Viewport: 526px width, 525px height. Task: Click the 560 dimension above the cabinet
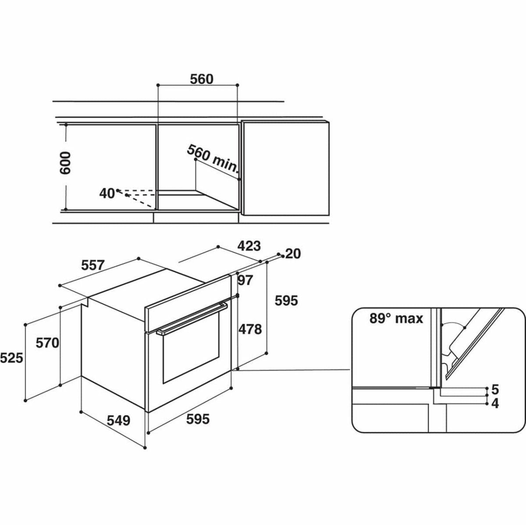tap(202, 79)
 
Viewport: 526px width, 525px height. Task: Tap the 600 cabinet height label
tap(65, 163)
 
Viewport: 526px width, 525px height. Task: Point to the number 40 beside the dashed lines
tap(107, 194)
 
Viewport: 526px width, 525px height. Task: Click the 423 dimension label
tap(249, 246)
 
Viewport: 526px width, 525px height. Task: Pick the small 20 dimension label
tap(293, 254)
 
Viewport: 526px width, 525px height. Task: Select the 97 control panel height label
tap(245, 280)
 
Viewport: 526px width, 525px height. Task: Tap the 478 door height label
tap(250, 329)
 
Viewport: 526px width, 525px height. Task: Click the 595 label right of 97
tap(286, 301)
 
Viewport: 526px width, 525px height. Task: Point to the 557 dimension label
tap(93, 265)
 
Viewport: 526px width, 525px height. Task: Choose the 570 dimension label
tap(47, 343)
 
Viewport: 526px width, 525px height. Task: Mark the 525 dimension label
tap(11, 358)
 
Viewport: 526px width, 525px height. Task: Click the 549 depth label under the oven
tap(118, 420)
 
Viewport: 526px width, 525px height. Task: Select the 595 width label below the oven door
tap(198, 419)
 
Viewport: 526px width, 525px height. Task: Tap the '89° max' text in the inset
tap(396, 318)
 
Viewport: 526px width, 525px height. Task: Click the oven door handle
tap(192, 318)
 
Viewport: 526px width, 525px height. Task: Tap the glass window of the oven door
tap(191, 347)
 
